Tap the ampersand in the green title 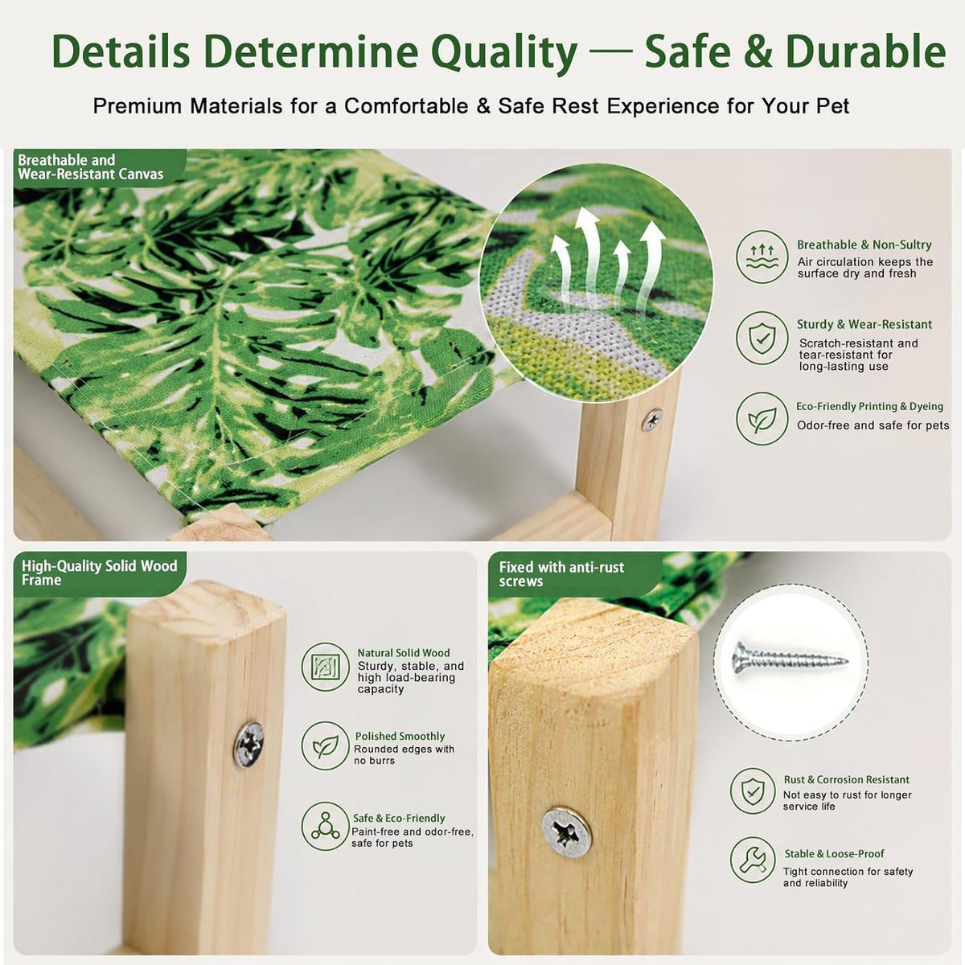[758, 51]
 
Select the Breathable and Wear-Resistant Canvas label [91, 166]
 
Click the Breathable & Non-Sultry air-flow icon [762, 257]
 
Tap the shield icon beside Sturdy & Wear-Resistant [762, 338]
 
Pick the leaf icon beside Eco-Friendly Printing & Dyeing [762, 418]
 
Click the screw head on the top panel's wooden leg [652, 420]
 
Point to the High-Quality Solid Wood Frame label [99, 573]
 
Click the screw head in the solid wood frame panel [248, 745]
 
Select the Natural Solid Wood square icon [326, 667]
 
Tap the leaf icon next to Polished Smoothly [326, 745]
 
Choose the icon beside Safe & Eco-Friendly [326, 827]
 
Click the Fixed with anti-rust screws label [561, 574]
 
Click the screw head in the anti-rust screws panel [566, 832]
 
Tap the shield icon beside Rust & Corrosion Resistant [753, 791]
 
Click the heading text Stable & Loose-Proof [834, 854]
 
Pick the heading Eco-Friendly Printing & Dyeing [870, 407]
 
